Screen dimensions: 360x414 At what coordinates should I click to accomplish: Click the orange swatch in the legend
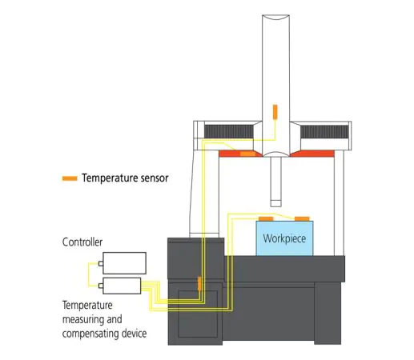pos(70,178)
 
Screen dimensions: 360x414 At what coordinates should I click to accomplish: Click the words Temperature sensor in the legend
pos(125,178)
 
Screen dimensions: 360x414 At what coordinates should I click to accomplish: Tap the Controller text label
pos(82,242)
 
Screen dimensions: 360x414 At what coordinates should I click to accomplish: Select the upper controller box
pos(123,262)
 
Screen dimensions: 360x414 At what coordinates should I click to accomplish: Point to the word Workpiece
pos(284,238)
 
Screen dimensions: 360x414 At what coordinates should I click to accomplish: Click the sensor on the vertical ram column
pos(275,110)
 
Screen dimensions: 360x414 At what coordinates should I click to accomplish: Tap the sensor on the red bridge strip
pos(244,152)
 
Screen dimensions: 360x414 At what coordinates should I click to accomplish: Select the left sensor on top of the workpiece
pos(266,218)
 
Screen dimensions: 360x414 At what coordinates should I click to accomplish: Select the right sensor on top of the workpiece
pos(302,218)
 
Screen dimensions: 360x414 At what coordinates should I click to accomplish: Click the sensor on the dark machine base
pos(198,282)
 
